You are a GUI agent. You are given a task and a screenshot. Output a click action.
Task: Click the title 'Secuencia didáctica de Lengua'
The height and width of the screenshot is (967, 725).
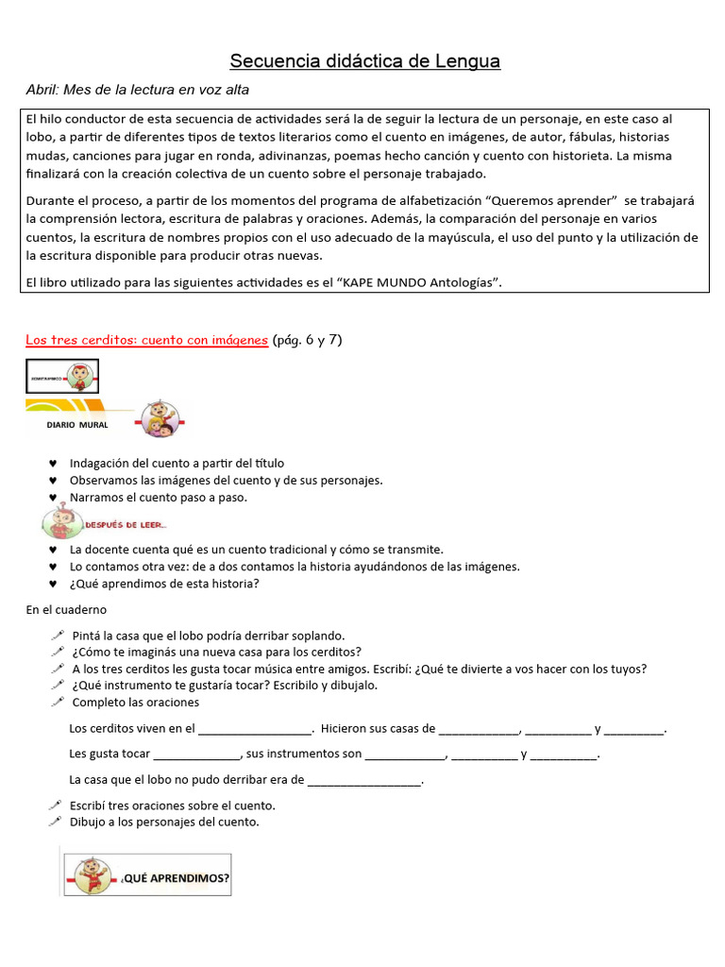click(x=365, y=61)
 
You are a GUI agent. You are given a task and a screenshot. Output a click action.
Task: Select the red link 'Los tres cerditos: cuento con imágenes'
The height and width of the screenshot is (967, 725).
click(x=146, y=340)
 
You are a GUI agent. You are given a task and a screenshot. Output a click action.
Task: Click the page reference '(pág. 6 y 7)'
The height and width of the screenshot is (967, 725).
click(x=307, y=340)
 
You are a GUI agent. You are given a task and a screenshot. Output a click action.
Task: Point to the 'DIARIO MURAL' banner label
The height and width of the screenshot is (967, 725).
click(x=77, y=425)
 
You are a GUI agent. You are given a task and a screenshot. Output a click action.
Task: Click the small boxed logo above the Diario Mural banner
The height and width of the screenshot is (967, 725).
click(x=62, y=376)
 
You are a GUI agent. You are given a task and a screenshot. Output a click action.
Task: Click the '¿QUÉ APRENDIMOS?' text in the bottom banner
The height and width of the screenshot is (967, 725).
click(x=175, y=878)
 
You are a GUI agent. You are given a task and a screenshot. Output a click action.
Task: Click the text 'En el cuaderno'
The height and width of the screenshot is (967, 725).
click(x=66, y=610)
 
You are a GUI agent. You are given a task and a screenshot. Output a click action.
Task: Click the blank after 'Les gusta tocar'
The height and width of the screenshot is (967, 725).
click(x=197, y=755)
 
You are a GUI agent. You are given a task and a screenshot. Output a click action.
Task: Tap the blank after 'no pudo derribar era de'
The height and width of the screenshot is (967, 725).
click(x=364, y=781)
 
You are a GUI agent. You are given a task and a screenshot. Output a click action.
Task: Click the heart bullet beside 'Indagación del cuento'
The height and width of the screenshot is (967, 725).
click(x=53, y=464)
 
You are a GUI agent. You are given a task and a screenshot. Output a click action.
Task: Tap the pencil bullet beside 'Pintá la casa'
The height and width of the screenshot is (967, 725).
click(x=57, y=636)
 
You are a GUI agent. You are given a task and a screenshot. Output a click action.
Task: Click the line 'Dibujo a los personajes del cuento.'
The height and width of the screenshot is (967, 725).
click(x=165, y=822)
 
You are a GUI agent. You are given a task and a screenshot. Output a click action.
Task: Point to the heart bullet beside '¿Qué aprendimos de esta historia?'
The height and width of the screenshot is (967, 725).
click(x=53, y=584)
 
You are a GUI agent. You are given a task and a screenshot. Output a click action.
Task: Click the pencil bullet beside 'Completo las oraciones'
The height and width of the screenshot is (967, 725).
click(x=57, y=703)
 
